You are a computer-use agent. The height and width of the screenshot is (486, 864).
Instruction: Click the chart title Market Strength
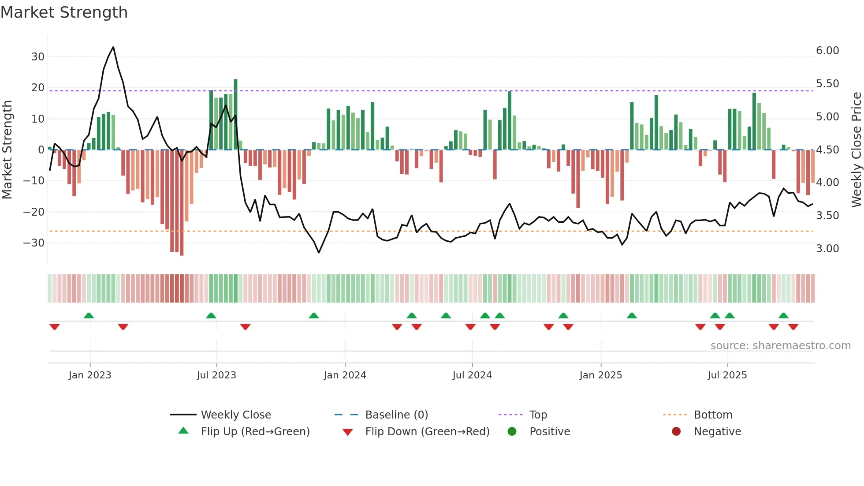click(x=64, y=12)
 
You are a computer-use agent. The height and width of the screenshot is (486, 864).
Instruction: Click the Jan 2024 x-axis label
click(x=345, y=375)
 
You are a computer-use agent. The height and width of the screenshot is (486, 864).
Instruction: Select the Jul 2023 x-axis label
click(x=216, y=375)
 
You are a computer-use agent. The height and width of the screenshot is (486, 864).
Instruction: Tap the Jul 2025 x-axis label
click(x=727, y=375)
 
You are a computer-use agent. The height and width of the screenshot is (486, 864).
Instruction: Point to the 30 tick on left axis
click(x=38, y=57)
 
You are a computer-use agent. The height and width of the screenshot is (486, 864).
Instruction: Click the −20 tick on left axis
click(x=34, y=212)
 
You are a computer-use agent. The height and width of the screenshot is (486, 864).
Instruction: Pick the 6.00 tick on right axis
click(x=827, y=51)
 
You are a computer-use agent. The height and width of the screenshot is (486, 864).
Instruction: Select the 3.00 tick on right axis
click(x=827, y=249)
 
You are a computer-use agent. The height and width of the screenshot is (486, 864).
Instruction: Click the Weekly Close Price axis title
click(x=856, y=150)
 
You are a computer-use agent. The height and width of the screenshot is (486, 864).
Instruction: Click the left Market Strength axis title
click(x=7, y=150)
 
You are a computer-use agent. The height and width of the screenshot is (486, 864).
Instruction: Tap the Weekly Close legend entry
click(x=235, y=415)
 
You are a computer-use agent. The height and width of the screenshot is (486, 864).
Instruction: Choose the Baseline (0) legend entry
click(x=396, y=415)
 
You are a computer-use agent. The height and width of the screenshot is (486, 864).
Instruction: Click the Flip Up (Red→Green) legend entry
click(x=255, y=432)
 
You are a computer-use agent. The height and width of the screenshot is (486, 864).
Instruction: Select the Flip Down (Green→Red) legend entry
click(x=427, y=432)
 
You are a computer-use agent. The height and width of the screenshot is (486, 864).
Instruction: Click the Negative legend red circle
click(x=676, y=432)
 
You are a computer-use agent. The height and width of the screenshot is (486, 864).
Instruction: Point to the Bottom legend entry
click(x=713, y=415)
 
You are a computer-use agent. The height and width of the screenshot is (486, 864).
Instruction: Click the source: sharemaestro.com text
click(x=780, y=346)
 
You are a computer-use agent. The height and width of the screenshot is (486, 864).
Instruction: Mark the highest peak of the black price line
click(x=113, y=47)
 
